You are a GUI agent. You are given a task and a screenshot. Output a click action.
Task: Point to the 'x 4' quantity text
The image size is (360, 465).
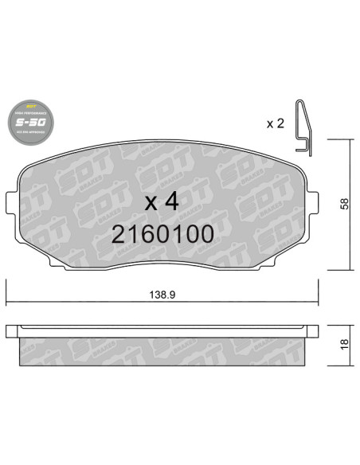(x=161, y=201)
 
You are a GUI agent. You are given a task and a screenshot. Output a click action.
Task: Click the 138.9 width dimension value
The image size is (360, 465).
(x=162, y=294)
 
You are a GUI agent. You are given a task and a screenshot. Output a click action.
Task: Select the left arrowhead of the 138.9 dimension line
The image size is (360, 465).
(x=10, y=303)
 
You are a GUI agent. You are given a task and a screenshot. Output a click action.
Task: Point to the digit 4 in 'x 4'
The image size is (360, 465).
(x=170, y=201)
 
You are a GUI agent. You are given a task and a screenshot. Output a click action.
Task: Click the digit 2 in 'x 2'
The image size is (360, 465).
(x=281, y=123)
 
